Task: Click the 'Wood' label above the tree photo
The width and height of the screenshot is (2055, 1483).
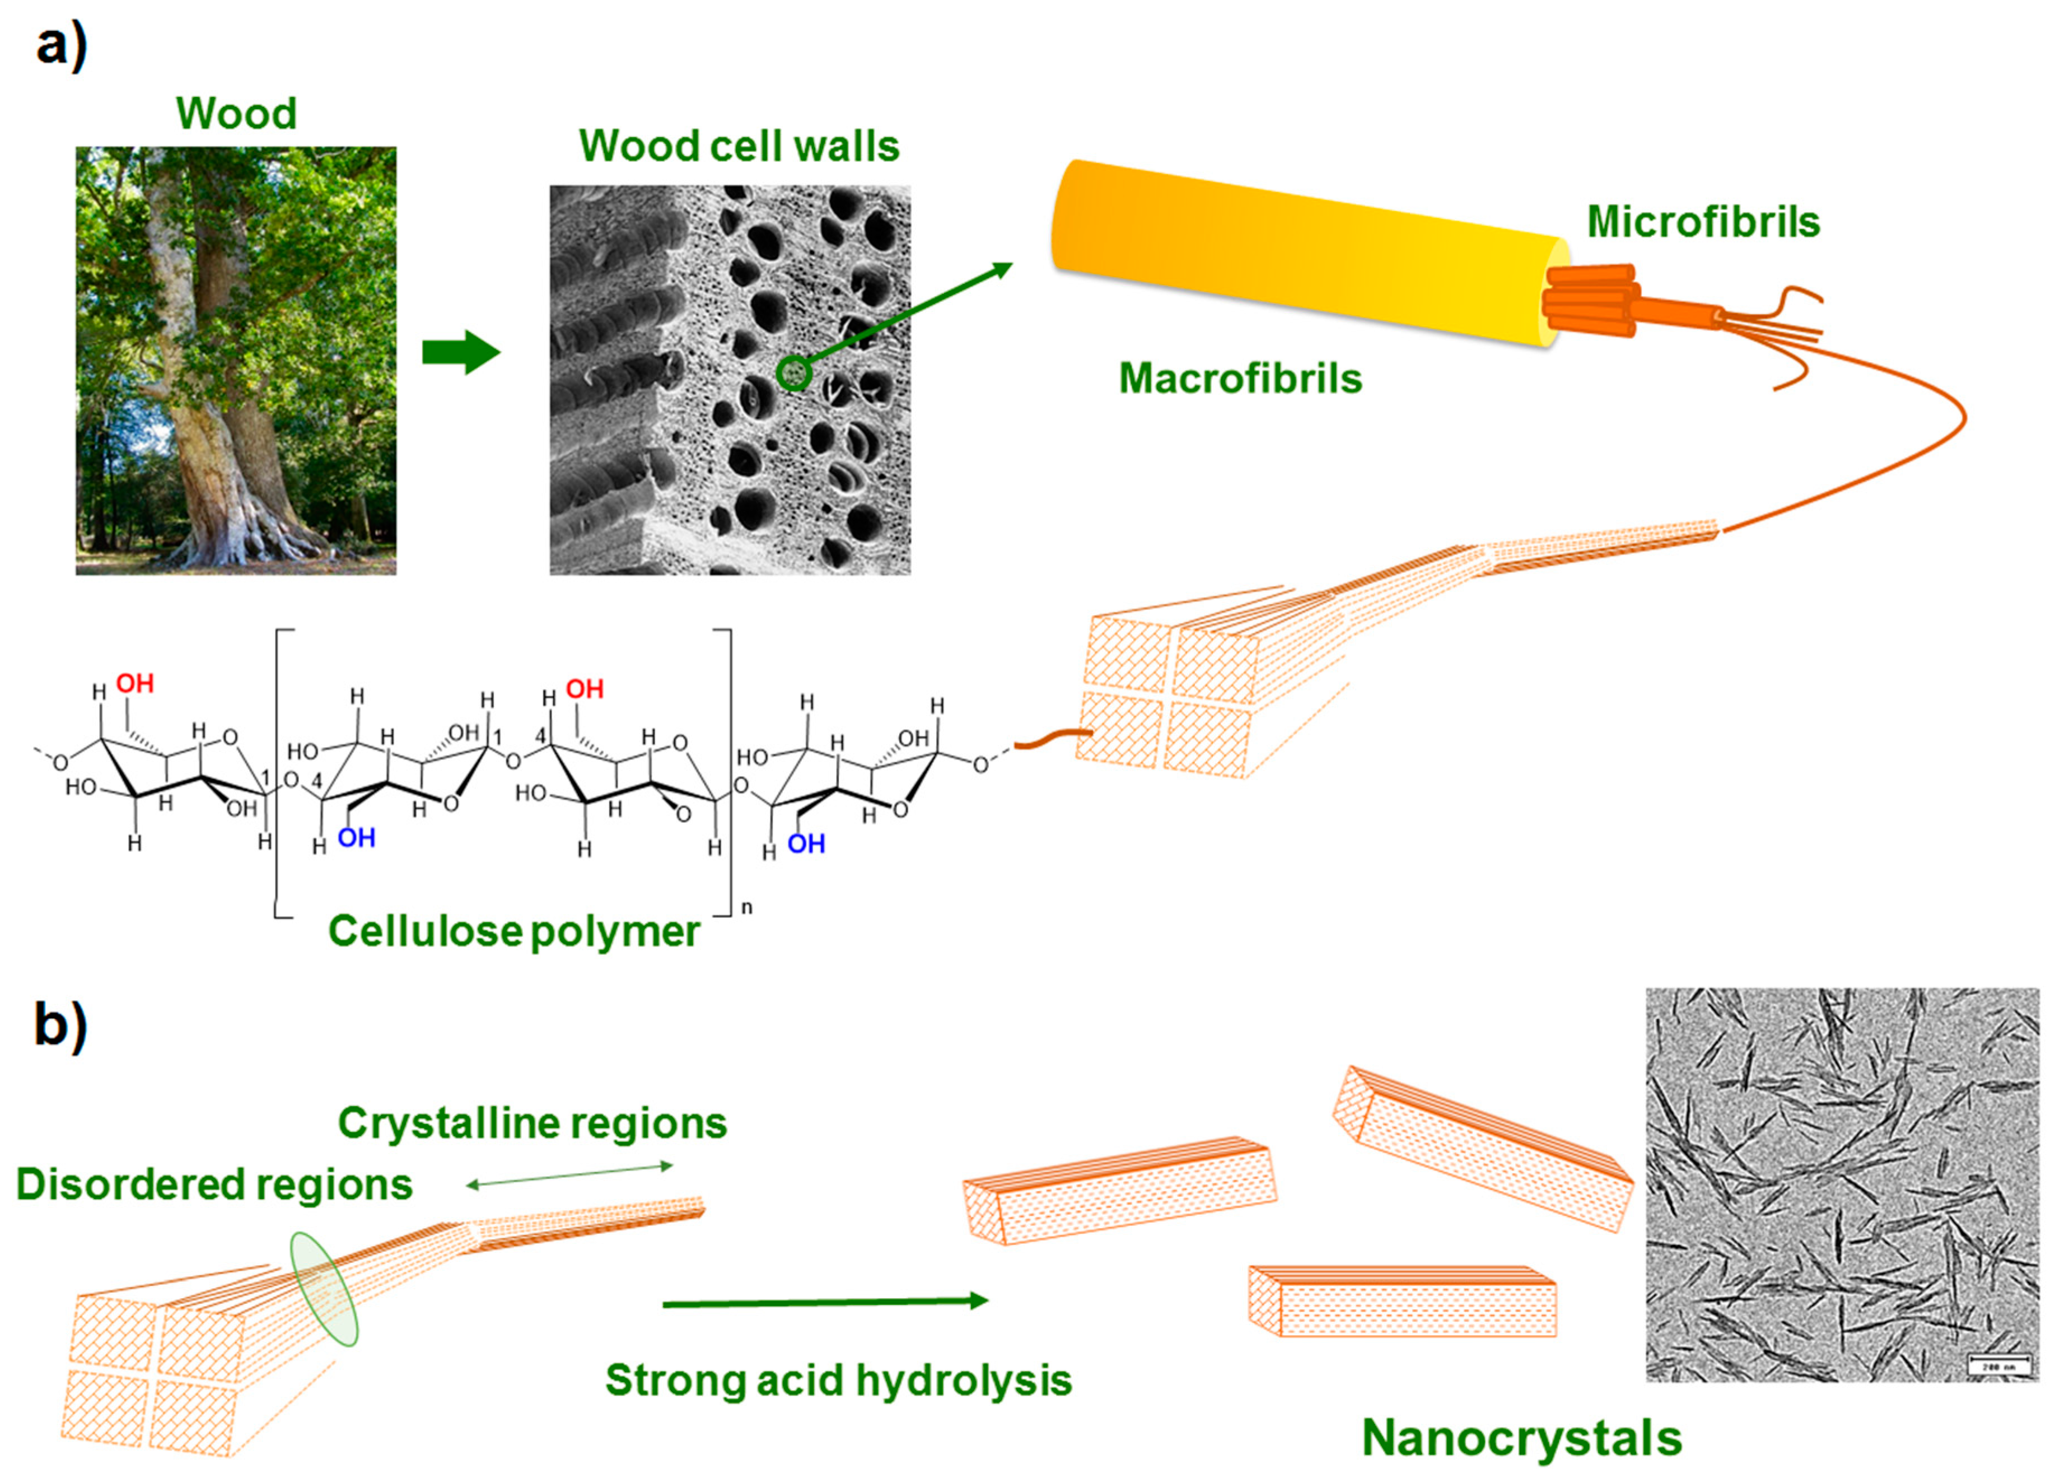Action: pos(236,113)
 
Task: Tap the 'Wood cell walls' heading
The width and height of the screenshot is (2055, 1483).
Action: pos(739,146)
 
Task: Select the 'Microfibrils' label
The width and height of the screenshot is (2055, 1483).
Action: pos(1703,222)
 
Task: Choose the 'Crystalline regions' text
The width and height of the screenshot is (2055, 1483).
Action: pos(532,1123)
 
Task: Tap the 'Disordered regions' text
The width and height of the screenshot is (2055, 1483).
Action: pos(214,1184)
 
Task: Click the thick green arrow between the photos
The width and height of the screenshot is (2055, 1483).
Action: pos(460,352)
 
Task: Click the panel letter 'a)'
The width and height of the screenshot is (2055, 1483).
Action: pos(60,45)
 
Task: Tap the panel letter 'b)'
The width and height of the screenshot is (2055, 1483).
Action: pos(60,1025)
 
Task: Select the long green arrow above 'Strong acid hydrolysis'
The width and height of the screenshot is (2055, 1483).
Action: pos(825,1303)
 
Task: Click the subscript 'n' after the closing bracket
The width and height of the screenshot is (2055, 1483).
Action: pos(746,907)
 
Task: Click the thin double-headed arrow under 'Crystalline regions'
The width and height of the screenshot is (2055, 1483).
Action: pos(569,1176)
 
